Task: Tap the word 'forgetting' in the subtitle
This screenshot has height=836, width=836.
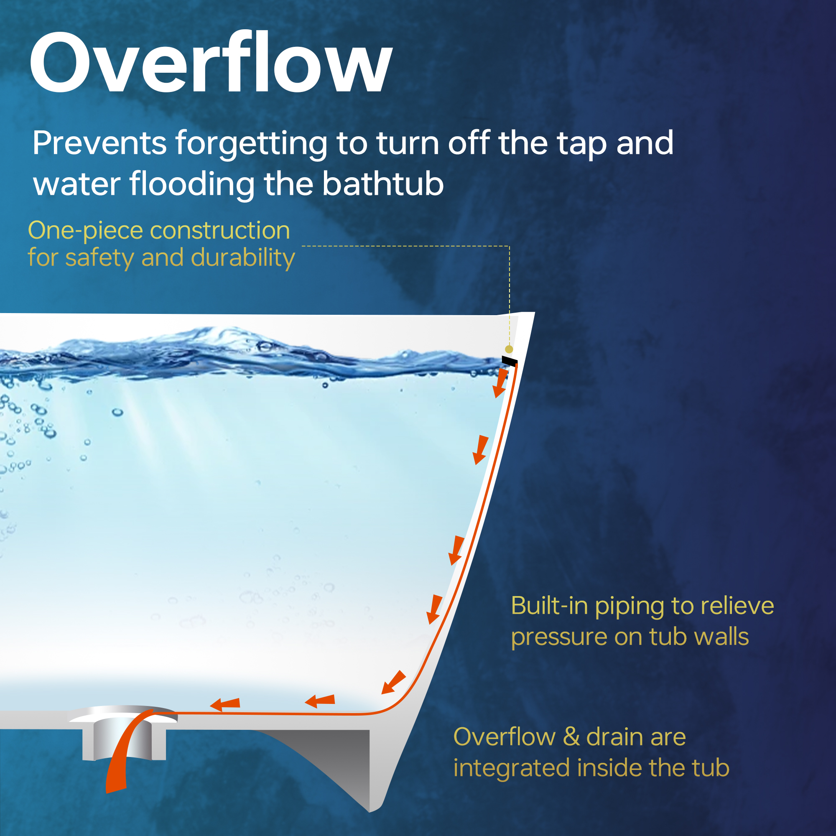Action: [x=251, y=145]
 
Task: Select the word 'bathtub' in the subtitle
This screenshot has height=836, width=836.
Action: [x=383, y=184]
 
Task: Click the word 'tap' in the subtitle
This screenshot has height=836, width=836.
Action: [x=583, y=145]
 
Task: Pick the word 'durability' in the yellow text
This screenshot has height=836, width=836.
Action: [x=243, y=258]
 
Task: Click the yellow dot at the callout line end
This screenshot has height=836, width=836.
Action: [x=509, y=349]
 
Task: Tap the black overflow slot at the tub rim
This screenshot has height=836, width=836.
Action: [x=509, y=361]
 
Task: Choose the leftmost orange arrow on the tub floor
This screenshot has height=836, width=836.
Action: [x=225, y=704]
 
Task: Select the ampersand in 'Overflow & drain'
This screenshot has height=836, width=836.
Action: [x=571, y=737]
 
